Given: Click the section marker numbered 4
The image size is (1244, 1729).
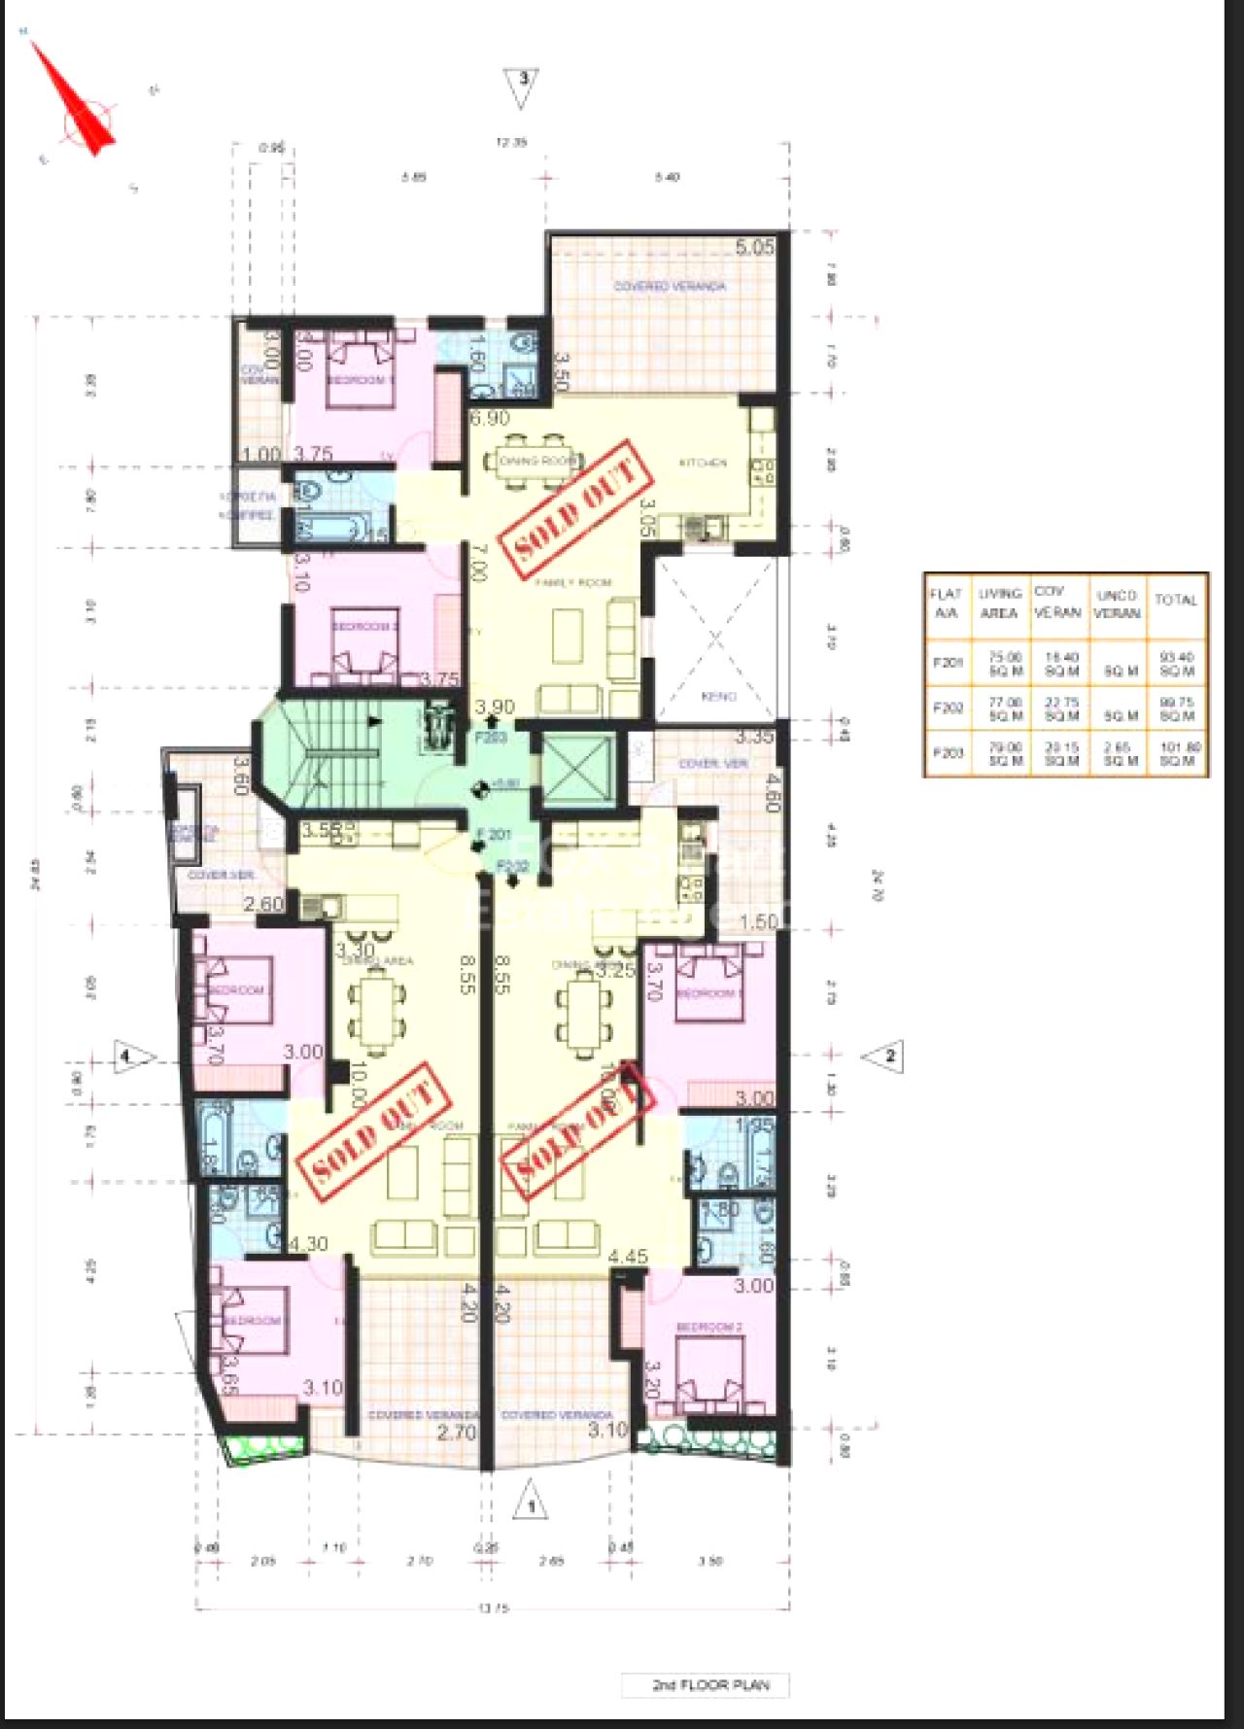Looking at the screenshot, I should click(132, 1056).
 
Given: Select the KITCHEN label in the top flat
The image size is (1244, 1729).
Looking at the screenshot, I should click(703, 463).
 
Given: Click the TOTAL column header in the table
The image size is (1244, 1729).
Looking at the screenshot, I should click(1176, 601).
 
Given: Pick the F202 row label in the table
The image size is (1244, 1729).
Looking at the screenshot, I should click(946, 708).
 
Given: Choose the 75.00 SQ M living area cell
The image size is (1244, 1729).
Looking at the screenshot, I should click(1004, 665).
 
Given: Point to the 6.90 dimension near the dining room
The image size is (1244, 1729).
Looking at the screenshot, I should click(490, 419).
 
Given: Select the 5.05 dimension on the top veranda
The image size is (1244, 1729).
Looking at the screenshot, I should click(754, 247).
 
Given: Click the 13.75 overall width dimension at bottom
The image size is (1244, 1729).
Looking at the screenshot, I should click(493, 1608).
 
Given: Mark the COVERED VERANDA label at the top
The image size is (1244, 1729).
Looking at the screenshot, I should click(670, 287).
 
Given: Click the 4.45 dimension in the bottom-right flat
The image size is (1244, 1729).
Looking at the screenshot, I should click(627, 1257).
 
